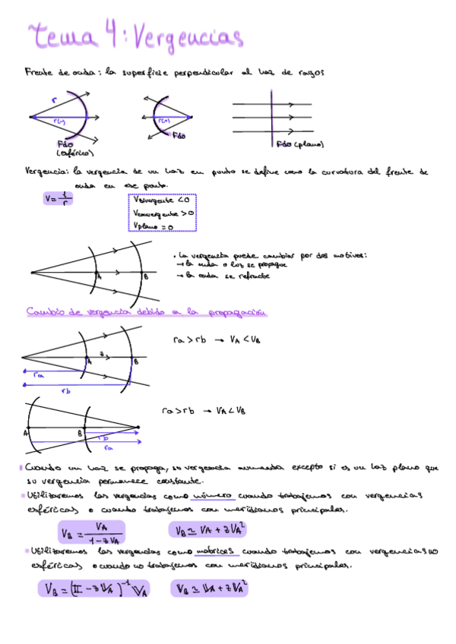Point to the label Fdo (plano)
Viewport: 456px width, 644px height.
[300, 143]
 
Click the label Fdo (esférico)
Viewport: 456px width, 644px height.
[69, 148]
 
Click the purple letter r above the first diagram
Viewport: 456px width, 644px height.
[54, 99]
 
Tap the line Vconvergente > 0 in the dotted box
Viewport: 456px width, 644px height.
[164, 214]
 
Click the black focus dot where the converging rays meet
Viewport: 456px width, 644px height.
[191, 117]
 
